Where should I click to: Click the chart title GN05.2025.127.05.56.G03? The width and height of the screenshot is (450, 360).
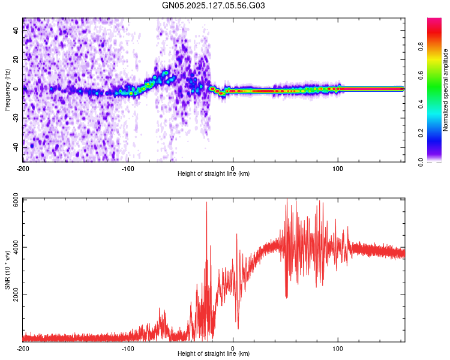(x=214, y=5)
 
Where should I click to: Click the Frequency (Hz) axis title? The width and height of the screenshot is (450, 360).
(x=7, y=90)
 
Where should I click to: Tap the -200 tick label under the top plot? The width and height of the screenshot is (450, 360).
(x=23, y=168)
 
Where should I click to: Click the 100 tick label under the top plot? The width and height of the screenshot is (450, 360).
(x=338, y=168)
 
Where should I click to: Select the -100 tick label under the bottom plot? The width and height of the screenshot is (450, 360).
(x=128, y=348)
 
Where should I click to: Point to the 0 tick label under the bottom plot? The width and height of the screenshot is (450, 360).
(x=233, y=348)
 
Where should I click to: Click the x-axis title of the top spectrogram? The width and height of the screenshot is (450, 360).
(x=214, y=174)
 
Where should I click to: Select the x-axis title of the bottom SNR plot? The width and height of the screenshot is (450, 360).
(x=214, y=354)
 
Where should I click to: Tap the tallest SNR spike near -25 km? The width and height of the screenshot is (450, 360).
(x=207, y=203)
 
